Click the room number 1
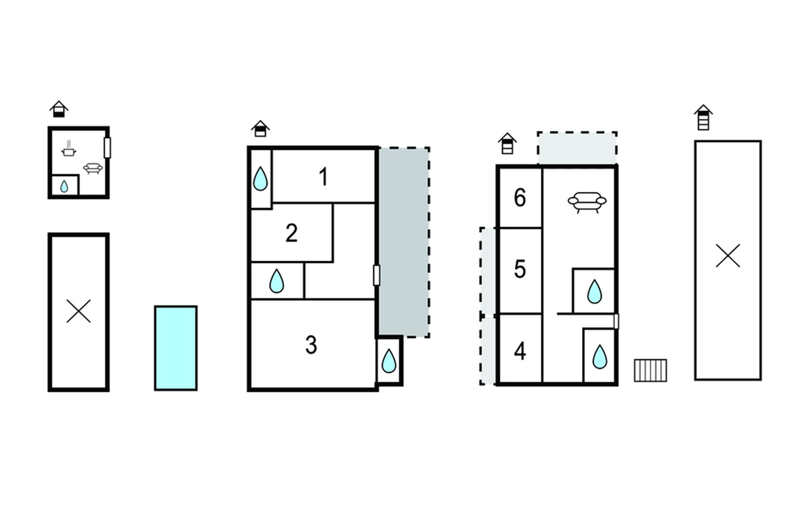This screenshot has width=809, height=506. (x=323, y=177)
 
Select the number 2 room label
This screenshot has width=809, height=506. (x=292, y=233)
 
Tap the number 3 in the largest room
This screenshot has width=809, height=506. (x=311, y=345)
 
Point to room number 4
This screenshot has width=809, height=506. (x=520, y=351)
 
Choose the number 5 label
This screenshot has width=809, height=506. (x=520, y=269)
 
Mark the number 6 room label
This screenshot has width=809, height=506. (x=520, y=198)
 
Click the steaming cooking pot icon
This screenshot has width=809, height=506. (x=68, y=149)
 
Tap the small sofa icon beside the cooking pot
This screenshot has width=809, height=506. (x=93, y=168)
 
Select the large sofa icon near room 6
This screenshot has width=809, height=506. (x=587, y=202)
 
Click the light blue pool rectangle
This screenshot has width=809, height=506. (x=176, y=348)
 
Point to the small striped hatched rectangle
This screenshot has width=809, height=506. (x=651, y=371)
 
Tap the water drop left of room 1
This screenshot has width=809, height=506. (x=260, y=179)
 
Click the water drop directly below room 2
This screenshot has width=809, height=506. (x=276, y=281)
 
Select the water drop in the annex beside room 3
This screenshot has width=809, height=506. (x=388, y=361)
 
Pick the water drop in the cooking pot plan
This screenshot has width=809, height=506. (x=64, y=186)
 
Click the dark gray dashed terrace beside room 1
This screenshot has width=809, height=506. (x=404, y=242)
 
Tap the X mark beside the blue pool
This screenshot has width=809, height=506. (x=79, y=312)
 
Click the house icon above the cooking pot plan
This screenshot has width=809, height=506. (x=59, y=109)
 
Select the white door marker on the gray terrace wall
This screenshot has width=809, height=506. (x=377, y=275)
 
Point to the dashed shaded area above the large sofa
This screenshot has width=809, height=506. (x=577, y=148)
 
